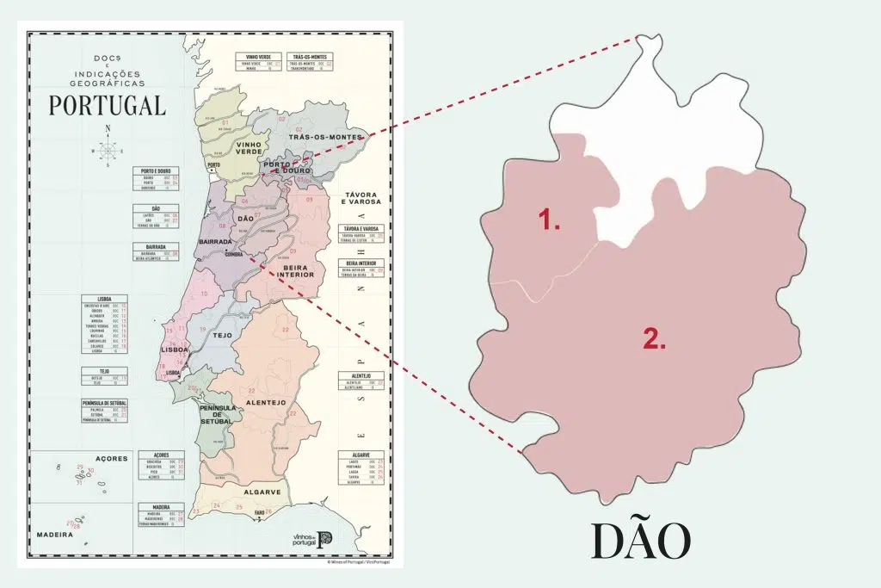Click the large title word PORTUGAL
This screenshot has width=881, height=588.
(108, 105)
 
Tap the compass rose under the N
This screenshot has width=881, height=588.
(108, 151)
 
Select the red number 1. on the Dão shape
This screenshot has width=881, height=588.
(550, 220)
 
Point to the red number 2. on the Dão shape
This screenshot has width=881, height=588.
(655, 338)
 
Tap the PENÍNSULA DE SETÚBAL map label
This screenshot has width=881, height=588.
(216, 414)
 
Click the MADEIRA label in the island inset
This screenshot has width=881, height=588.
(53, 535)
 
